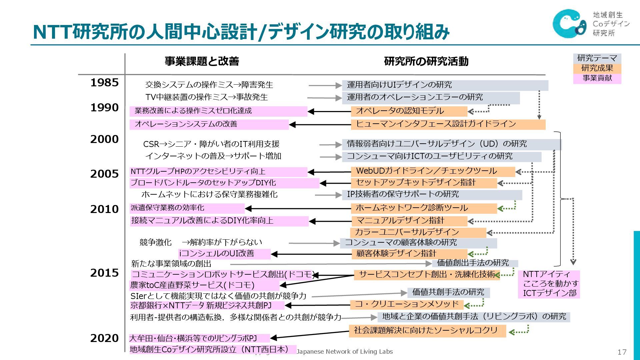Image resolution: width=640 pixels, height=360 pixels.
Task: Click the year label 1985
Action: coord(104,83)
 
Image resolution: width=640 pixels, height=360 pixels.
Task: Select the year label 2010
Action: coord(104,209)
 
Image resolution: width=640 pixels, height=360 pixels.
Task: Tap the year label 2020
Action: coord(104,338)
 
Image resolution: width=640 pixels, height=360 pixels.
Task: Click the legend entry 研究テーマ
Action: coord(597,58)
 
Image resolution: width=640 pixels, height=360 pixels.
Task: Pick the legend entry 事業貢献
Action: coord(597,78)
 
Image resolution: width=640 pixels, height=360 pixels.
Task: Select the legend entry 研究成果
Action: coord(597,68)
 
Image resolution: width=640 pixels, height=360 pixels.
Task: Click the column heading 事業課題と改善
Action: coord(202,61)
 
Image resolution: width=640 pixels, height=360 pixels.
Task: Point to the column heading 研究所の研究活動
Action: coord(426,61)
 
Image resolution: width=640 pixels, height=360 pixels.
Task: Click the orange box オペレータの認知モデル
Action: coord(409,111)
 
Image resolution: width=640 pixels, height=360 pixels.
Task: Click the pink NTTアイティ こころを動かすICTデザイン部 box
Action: coord(549,284)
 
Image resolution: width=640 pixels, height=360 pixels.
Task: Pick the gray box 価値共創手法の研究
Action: coord(448,292)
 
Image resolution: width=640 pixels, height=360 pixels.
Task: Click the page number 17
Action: coord(622,352)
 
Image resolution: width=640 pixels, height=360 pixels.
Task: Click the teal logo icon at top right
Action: coord(569,23)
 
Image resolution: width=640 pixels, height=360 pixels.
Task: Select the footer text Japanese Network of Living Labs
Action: coord(345,352)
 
